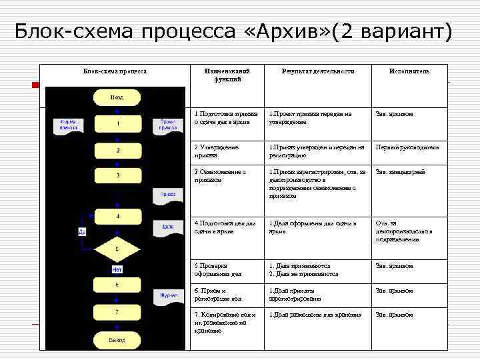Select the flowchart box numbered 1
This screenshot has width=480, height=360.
pos(117,124)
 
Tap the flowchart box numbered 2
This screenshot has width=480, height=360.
pos(117,151)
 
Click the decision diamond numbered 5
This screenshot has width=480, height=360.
pos(117,249)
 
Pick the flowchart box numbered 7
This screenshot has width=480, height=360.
pos(117,311)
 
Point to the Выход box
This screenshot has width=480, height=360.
pos(117,340)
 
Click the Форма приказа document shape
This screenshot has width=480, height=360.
pos(68,125)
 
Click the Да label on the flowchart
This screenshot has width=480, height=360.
pos(82,232)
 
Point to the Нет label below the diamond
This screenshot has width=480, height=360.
pos(117,270)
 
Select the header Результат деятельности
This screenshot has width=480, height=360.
pos(317,71)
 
